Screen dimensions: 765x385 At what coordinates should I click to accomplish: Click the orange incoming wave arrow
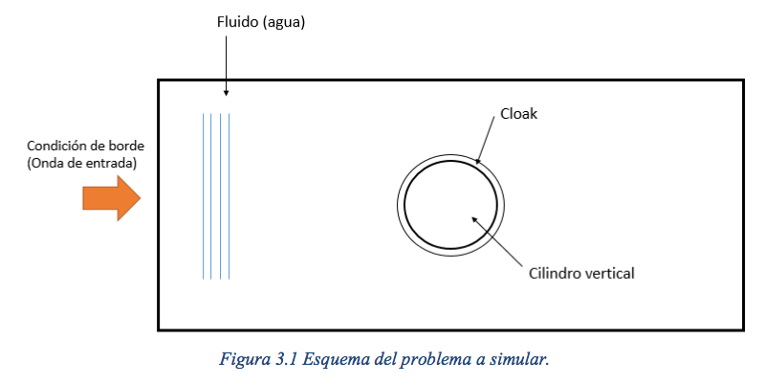click(111, 198)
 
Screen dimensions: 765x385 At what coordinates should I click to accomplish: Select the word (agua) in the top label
click(284, 23)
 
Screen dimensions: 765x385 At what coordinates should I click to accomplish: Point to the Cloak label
click(518, 114)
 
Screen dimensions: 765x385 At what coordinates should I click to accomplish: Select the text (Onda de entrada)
click(81, 163)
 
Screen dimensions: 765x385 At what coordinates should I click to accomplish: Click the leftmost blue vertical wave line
click(203, 196)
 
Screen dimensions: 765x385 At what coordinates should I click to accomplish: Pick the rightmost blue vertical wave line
click(229, 196)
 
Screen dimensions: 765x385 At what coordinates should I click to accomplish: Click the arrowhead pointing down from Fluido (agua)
click(226, 92)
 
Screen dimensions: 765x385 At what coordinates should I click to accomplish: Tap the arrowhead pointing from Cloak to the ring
click(477, 161)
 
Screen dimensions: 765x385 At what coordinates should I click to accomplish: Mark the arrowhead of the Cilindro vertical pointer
click(474, 220)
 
